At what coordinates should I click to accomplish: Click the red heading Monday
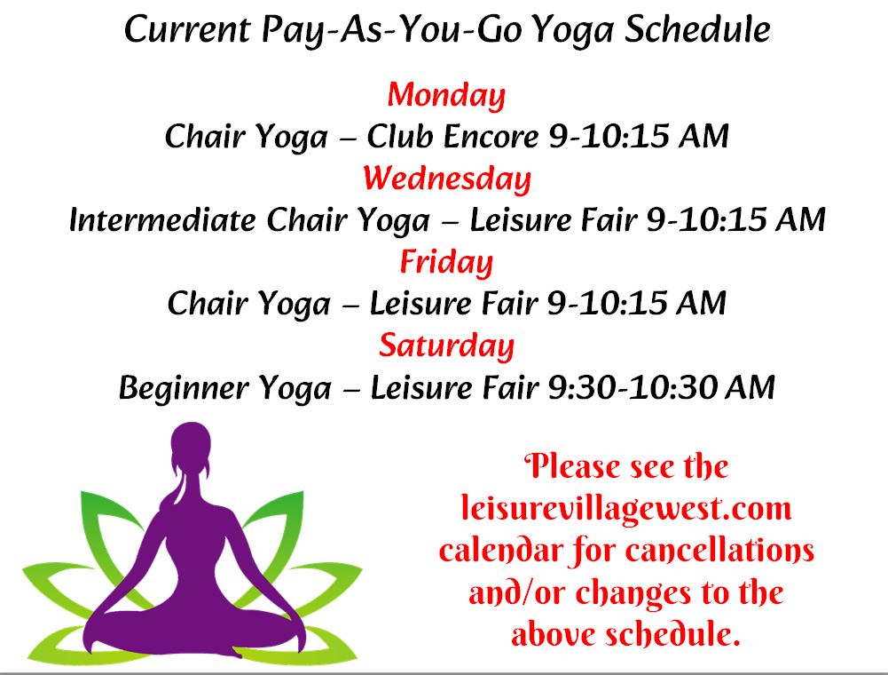(446, 95)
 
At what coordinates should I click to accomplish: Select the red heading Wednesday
(447, 179)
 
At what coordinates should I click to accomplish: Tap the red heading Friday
(446, 262)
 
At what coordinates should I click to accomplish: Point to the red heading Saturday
(446, 345)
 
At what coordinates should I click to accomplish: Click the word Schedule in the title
(697, 29)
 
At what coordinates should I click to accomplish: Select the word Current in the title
(187, 29)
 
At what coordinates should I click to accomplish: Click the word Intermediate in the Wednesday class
(162, 219)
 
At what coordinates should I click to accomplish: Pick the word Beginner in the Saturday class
(184, 388)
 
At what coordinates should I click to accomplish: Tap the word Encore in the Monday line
(491, 136)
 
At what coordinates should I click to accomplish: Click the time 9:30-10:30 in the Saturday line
(633, 387)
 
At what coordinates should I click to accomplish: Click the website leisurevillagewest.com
(625, 508)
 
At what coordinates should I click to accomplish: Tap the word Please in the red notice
(572, 466)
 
